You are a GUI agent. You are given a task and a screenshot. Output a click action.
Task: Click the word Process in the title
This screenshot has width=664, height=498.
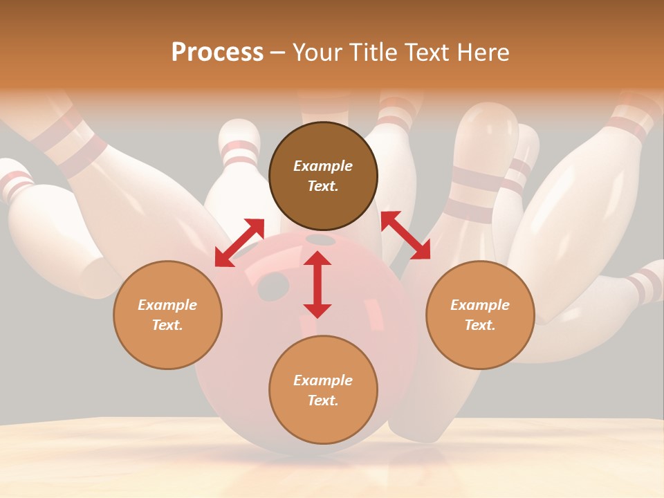(217, 52)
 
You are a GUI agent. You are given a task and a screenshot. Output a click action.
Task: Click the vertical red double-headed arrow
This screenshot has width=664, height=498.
(317, 284)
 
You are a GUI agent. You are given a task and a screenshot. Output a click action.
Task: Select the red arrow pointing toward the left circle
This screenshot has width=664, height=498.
(239, 242)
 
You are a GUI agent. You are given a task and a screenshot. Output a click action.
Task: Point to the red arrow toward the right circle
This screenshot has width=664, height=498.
(405, 235)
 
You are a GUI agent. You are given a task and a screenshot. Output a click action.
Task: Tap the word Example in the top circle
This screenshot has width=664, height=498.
(323, 166)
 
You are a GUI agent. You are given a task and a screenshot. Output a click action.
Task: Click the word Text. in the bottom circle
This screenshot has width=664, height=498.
(323, 400)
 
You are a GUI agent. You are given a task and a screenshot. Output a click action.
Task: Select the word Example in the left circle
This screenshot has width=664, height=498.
(167, 305)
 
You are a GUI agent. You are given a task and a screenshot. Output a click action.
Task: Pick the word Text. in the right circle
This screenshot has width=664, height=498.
(480, 325)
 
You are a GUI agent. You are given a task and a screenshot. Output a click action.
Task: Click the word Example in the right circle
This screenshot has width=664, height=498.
(480, 305)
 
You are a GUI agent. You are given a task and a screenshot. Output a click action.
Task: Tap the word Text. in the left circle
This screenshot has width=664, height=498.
(167, 325)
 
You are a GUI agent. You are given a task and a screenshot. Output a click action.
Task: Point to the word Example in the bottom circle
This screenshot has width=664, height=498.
(323, 380)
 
